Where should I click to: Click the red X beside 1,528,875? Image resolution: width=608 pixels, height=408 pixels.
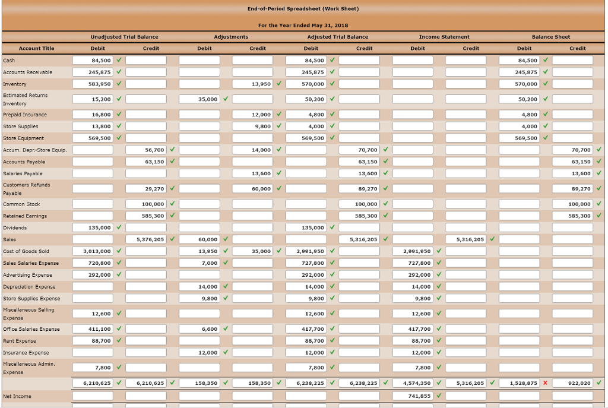tap(545, 383)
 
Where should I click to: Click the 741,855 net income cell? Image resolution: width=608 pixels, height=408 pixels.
tap(417, 396)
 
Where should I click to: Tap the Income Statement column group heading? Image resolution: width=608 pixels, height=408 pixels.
tap(444, 37)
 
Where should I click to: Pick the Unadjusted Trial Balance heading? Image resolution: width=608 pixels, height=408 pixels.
tap(124, 37)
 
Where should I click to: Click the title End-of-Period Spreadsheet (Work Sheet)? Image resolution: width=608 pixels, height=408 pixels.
tap(303, 9)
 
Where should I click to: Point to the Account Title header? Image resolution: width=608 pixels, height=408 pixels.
tap(36, 49)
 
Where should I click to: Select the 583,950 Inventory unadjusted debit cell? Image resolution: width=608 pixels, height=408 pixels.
tap(93, 84)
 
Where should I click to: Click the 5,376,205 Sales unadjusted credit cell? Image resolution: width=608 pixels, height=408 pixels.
tap(146, 239)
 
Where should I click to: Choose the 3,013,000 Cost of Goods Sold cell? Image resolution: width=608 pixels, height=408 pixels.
tap(93, 251)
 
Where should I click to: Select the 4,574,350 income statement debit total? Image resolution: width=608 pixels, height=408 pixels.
tap(417, 383)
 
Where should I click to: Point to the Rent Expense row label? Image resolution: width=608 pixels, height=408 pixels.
tap(20, 341)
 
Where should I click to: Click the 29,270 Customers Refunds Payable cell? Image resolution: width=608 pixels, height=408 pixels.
tap(146, 189)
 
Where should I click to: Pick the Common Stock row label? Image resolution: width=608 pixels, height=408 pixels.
tap(21, 204)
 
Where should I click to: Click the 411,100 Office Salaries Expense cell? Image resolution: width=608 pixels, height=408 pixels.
tap(93, 328)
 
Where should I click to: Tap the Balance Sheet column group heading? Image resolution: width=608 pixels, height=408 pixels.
tap(551, 37)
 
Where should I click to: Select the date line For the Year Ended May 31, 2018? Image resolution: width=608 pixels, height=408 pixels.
tap(303, 25)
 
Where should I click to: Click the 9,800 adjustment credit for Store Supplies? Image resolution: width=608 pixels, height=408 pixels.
tap(253, 126)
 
